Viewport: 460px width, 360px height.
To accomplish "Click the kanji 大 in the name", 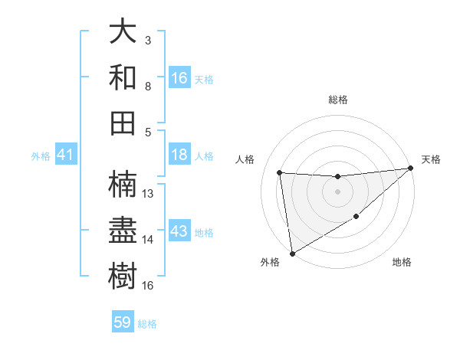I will (123, 33).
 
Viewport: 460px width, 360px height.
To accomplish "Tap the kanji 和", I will (123, 77).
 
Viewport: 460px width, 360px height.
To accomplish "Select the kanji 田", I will (123, 122).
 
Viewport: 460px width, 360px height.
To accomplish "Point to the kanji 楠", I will (123, 184).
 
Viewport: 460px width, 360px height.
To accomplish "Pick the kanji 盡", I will (123, 229).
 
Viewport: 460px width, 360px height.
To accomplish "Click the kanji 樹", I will (123, 273).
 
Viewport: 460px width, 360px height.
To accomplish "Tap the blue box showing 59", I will (123, 322).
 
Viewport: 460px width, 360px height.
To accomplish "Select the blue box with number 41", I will (65, 155).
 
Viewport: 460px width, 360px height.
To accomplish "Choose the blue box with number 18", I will (179, 155).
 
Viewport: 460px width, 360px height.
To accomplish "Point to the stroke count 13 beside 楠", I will (149, 194).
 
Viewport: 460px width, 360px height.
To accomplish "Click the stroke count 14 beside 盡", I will (149, 240).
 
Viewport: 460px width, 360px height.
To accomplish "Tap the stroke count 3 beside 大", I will (147, 40).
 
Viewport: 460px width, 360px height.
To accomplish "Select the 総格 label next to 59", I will (147, 324).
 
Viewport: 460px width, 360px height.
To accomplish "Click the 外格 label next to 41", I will (41, 156).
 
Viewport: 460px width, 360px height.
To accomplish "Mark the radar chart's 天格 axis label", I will (431, 159).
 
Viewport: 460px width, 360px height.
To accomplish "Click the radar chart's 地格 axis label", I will (402, 263).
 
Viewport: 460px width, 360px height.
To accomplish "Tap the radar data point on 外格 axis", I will (292, 253).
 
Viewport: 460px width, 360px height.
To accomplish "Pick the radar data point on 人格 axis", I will (280, 172).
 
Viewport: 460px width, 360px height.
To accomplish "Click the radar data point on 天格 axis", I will (410, 168).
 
